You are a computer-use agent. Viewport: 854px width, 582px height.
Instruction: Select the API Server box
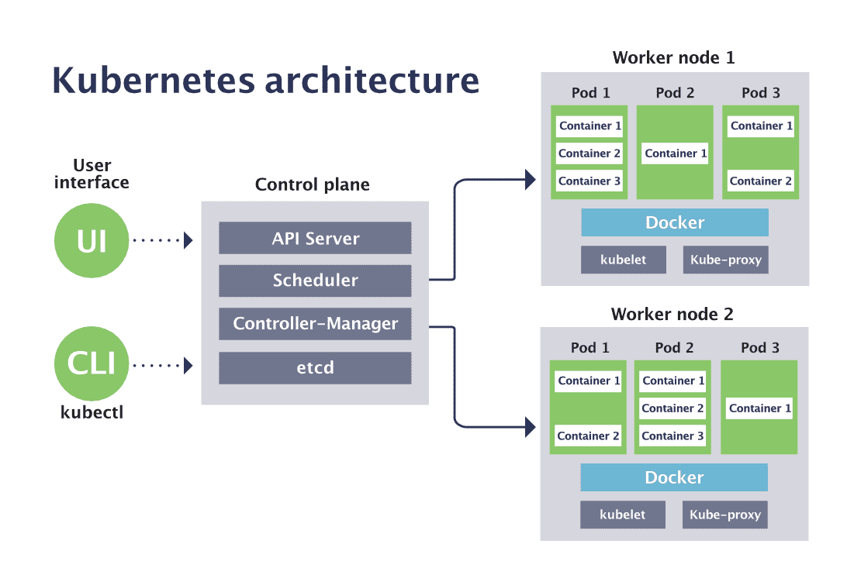coord(315,239)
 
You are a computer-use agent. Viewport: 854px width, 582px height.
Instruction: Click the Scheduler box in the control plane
coord(315,281)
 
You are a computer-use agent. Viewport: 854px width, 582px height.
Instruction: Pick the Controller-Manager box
coord(315,324)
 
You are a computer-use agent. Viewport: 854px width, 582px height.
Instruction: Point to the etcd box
coord(315,367)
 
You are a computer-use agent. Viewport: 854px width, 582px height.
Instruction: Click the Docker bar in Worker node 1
coord(675,222)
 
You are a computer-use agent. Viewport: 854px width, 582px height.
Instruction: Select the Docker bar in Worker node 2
coord(674,477)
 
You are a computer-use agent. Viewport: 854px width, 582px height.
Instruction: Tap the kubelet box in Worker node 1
coord(624,260)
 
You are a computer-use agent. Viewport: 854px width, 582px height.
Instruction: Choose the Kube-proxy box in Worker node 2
coord(725,515)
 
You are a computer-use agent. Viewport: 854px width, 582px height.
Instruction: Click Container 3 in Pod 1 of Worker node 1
coord(590,181)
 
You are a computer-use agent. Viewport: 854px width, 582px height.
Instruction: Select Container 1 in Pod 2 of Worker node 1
coord(676,153)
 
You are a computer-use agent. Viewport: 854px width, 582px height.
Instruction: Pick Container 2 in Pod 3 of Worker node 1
coord(761,181)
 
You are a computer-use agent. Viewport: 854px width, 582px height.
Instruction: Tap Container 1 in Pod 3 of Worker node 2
coord(759,408)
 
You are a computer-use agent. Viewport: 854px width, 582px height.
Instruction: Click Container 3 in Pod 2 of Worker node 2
coord(673,436)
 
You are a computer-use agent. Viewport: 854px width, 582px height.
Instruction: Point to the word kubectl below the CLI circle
coord(92,412)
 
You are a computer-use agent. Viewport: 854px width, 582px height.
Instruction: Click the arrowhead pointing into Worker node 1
coord(531,180)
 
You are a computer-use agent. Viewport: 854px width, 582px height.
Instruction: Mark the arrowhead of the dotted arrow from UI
coord(188,240)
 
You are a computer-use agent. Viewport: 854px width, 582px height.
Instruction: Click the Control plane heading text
coord(313,185)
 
